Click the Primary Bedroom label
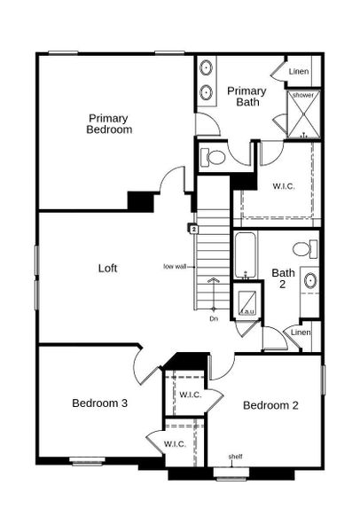[x=109, y=123]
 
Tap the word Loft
[x=108, y=267]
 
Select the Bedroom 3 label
[x=99, y=403]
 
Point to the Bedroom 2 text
[x=270, y=405]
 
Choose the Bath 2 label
[x=284, y=278]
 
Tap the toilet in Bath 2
[x=305, y=248]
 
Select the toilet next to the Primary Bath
[x=214, y=158]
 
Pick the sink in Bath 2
[x=310, y=282]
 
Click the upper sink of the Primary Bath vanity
[x=207, y=67]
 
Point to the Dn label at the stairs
[x=214, y=318]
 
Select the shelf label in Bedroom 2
[x=235, y=458]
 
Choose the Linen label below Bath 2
[x=301, y=332]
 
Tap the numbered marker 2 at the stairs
[x=192, y=229]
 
